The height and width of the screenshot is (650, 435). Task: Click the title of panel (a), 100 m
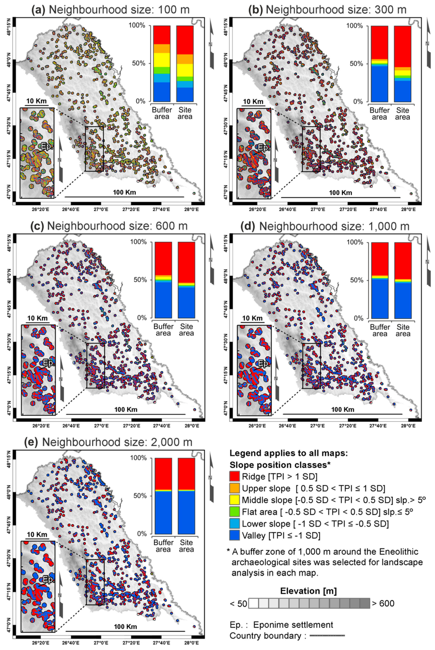110,10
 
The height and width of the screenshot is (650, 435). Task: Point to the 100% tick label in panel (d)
355,242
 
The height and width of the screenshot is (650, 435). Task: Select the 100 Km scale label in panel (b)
341,192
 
